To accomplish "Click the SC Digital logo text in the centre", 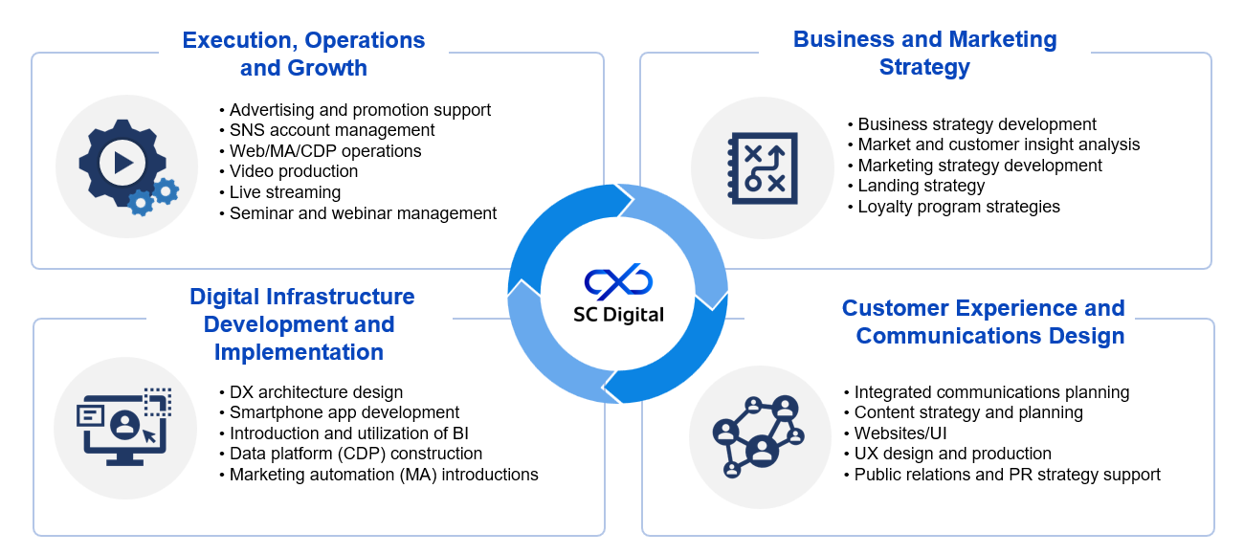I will click(x=618, y=314).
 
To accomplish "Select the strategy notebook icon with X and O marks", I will click(x=763, y=168).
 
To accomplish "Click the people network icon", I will click(x=757, y=435).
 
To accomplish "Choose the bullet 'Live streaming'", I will click(x=285, y=192).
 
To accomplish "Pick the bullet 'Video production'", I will click(x=294, y=171).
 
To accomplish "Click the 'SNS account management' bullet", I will click(x=332, y=130).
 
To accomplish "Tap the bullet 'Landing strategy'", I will click(x=921, y=186).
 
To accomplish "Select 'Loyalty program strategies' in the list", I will click(x=959, y=207).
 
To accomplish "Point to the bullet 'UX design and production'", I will click(x=952, y=454).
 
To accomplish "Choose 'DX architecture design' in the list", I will click(x=316, y=392).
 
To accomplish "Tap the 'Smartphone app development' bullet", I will click(x=344, y=412).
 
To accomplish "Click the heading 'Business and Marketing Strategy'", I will click(x=924, y=54).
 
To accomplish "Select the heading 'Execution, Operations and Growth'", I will click(x=303, y=55).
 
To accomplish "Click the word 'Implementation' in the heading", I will click(x=299, y=352).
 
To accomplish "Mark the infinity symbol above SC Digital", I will click(x=618, y=281).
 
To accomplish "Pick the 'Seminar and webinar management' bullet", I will click(x=363, y=213).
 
